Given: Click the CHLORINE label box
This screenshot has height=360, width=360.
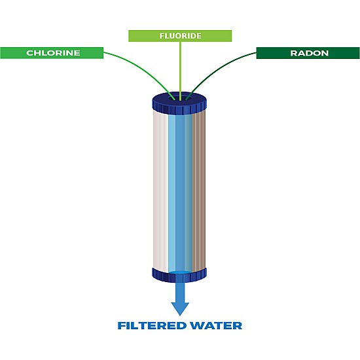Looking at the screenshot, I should click(x=52, y=53).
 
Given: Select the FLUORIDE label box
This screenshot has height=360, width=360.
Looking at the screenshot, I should click(x=179, y=36).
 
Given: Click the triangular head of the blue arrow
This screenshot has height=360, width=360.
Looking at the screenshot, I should click(x=179, y=308).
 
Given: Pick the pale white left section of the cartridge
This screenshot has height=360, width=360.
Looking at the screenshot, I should click(x=160, y=190).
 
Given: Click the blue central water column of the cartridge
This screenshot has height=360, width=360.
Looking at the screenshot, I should click(x=180, y=190).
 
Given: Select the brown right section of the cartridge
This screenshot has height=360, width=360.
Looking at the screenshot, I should click(x=199, y=190).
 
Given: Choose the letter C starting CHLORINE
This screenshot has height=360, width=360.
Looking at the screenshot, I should click(x=29, y=53).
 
